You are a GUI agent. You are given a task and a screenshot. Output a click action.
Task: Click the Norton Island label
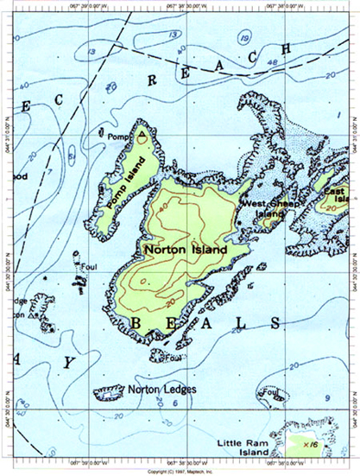coord(185,249)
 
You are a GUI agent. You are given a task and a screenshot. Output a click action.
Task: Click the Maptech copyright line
coord(180,472)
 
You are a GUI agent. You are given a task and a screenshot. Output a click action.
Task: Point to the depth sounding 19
coord(244,37)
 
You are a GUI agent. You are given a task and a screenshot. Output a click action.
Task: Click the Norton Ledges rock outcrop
coord(109,394)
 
